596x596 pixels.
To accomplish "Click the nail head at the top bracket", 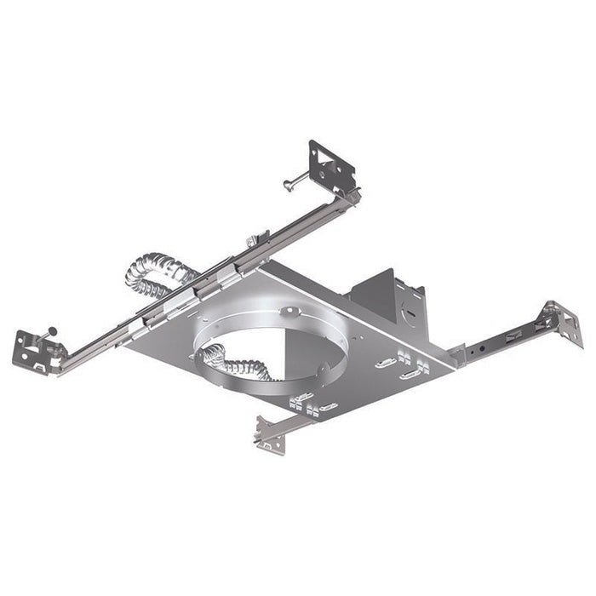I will (x=288, y=184).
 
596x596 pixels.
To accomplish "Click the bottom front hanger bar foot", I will (x=269, y=438).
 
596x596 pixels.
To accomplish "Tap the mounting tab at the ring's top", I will (x=289, y=312).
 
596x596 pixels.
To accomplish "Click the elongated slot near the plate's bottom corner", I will (x=328, y=406).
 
